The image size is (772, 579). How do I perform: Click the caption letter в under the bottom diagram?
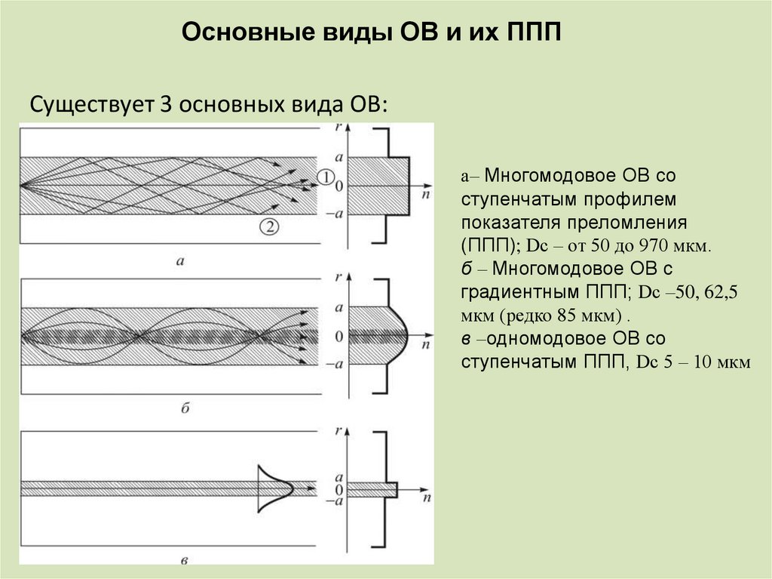185,559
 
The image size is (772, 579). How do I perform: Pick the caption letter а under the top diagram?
180,262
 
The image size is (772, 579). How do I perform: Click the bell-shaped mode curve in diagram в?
275,488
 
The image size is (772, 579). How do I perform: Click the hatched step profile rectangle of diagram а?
381,186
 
